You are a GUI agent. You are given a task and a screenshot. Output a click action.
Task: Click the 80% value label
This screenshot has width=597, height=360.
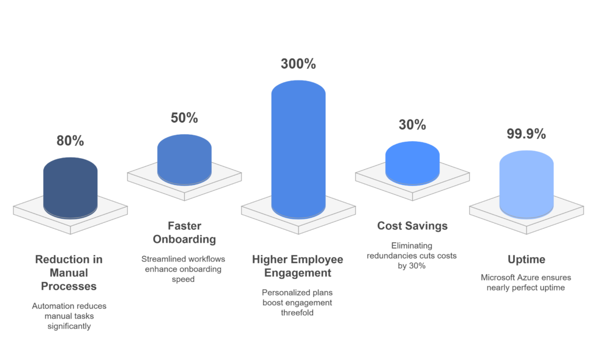click(x=70, y=141)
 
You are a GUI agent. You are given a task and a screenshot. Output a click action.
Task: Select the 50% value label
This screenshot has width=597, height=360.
click(x=184, y=117)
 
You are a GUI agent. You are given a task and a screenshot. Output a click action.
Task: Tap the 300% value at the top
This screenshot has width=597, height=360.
click(x=298, y=64)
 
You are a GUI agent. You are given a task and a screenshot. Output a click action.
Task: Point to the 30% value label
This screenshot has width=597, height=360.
click(x=412, y=125)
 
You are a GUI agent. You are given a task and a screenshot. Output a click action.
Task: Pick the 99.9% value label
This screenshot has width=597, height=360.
click(x=526, y=134)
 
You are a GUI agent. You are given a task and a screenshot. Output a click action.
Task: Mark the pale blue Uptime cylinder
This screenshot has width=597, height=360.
click(x=526, y=184)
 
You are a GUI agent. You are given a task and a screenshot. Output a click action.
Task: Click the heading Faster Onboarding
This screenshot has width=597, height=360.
click(x=184, y=232)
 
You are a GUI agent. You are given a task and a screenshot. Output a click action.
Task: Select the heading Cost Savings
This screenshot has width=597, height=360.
click(x=412, y=226)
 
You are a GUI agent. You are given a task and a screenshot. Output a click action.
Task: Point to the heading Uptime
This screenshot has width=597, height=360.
click(x=526, y=259)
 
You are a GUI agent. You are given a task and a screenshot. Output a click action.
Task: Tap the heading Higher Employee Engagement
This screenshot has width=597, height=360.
click(x=298, y=266)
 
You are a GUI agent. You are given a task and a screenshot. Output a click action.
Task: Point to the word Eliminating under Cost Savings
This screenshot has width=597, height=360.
click(x=412, y=246)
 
